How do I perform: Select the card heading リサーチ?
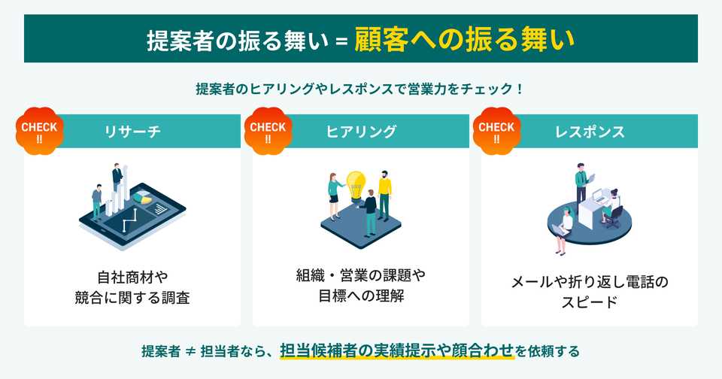click(x=132, y=132)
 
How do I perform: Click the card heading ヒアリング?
click(x=361, y=132)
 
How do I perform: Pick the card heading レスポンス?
click(x=590, y=132)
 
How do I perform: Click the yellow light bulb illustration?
click(x=354, y=183)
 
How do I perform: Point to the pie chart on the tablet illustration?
click(x=141, y=199)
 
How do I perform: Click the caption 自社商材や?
click(x=132, y=275)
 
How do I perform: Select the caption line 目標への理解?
click(x=361, y=296)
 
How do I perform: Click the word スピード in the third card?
click(x=590, y=303)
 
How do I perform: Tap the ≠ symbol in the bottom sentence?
click(x=190, y=351)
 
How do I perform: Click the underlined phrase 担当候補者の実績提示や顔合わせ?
click(x=397, y=350)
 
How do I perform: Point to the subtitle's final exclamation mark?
click(x=520, y=89)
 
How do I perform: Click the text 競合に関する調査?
click(x=132, y=297)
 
